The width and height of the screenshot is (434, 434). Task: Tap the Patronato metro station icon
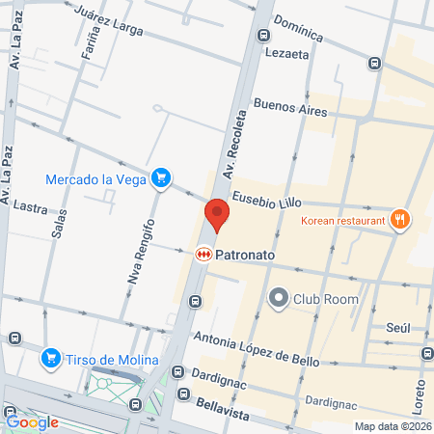click(203, 255)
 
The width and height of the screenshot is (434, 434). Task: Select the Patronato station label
click(246, 255)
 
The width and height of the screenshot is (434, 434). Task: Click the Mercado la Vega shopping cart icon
click(162, 177)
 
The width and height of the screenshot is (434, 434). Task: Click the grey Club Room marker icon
click(279, 297)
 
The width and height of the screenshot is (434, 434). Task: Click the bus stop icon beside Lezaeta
click(263, 35)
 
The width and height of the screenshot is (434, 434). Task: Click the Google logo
click(33, 421)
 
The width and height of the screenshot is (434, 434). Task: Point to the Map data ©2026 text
click(392, 426)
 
